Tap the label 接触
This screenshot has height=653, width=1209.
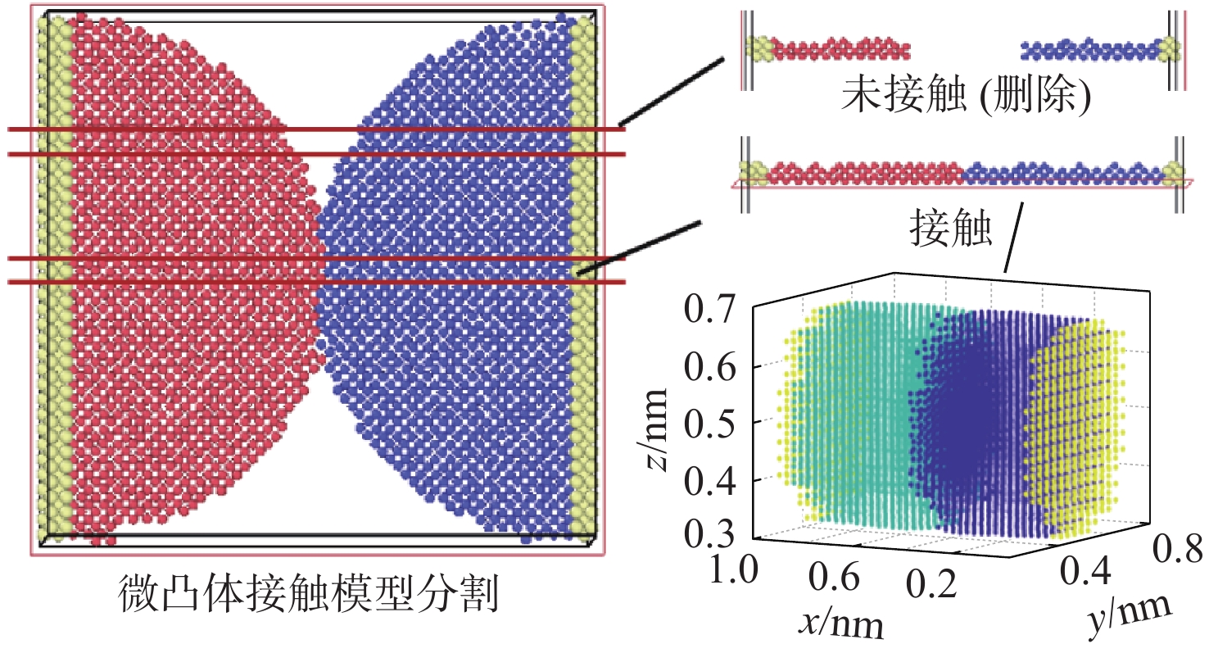pos(951,232)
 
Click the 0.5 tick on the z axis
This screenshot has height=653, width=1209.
pos(714,423)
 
